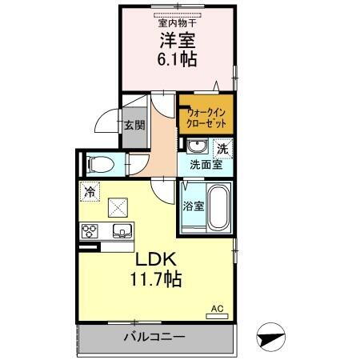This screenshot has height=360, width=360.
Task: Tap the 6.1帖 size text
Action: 178,59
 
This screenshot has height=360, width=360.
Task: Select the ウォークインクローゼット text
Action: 206,118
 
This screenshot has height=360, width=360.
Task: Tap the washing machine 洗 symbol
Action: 223,147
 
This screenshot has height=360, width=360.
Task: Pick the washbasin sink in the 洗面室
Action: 196,146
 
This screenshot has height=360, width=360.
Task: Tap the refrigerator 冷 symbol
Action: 90,191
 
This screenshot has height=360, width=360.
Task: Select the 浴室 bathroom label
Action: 192,205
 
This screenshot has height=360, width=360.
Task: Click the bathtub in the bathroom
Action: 218,206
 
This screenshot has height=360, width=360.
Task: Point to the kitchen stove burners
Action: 90,232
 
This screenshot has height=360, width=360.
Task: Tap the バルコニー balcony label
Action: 154,337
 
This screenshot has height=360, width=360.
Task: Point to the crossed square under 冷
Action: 119,206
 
